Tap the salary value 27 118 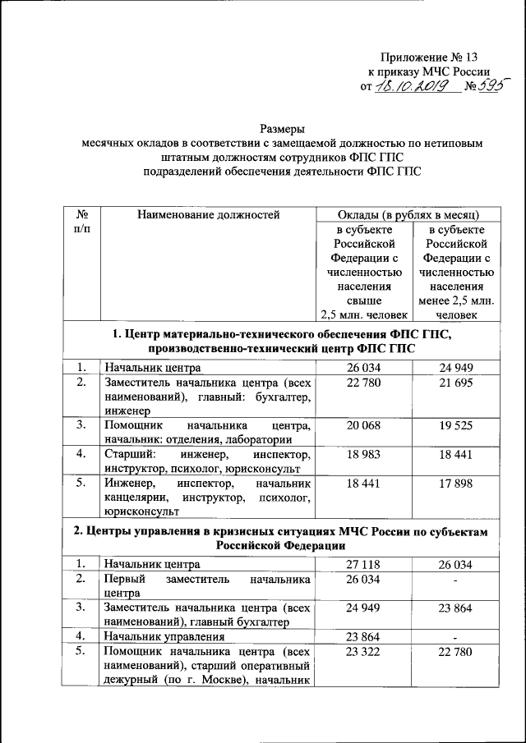[363, 565]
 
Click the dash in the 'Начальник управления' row [454, 637]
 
